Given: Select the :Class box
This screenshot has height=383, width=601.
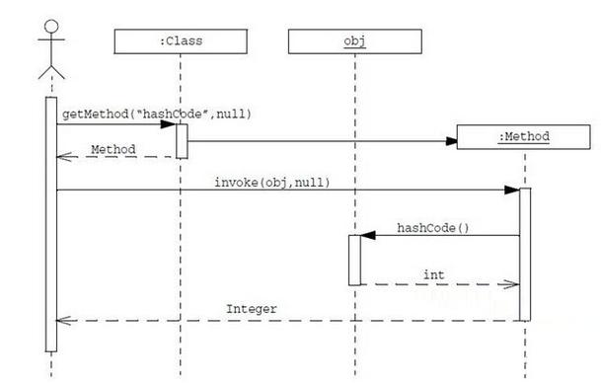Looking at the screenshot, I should point(180,42).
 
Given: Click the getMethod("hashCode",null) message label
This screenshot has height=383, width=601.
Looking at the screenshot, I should point(157,114).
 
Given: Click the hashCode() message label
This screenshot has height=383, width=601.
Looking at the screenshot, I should point(433,228).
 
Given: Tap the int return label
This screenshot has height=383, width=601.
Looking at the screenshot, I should point(433,273).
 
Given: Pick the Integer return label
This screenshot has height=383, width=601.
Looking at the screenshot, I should point(252,309).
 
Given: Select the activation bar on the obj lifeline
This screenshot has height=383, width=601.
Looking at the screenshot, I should point(354,260).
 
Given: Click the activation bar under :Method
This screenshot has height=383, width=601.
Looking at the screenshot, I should point(525,254).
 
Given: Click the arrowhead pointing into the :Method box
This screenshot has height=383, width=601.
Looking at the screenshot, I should point(452,141).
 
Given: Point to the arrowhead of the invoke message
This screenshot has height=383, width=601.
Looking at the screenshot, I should point(513,190).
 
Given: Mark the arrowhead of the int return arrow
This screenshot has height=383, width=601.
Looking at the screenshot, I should point(512,284).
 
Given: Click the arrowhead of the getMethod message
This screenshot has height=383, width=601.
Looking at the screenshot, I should point(170,124).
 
